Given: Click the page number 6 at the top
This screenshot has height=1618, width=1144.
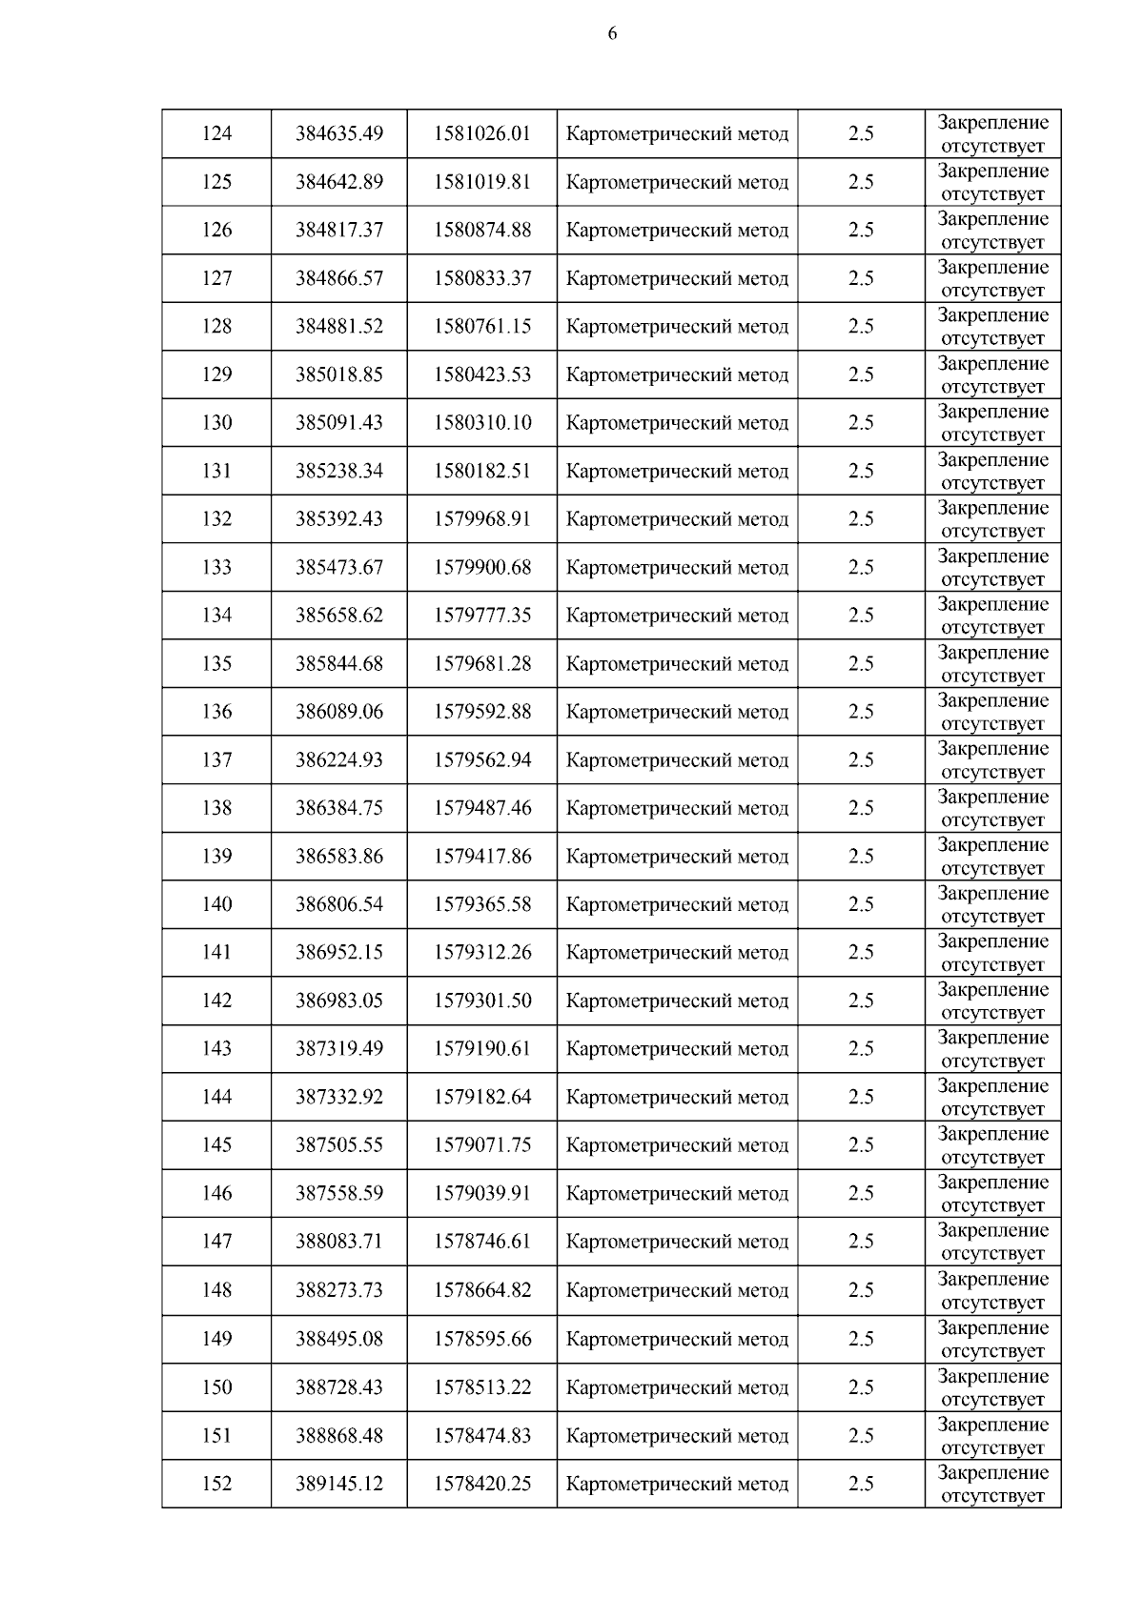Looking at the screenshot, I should pos(612,34).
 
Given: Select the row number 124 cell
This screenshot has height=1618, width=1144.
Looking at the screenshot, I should pos(216,133).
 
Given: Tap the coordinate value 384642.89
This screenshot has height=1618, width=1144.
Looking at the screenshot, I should pos(338,182).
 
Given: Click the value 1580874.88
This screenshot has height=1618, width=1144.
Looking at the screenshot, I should pos(481,230).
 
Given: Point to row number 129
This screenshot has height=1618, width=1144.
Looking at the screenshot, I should pos(216,374).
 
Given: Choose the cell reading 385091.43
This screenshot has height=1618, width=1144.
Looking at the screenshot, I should pos(338,422).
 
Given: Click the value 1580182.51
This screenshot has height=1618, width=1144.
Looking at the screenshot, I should pos(481,471).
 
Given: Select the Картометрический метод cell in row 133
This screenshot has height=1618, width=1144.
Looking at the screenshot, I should pos(677,567).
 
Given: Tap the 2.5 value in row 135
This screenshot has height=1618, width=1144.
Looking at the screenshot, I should pos(861,663).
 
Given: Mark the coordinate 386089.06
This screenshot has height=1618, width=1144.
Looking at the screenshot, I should pos(338,712).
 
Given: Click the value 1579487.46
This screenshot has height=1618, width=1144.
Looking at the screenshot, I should pos(481,808).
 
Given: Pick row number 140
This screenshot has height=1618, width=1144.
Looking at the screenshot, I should pos(216,904).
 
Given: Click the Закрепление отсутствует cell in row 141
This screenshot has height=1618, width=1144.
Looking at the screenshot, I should pos(992,953).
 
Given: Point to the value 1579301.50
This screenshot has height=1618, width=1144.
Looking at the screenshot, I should pos(481,1001).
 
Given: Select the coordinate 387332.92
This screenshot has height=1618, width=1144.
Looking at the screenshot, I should pos(338,1097).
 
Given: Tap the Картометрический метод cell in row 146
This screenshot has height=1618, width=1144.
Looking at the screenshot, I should pos(677,1193).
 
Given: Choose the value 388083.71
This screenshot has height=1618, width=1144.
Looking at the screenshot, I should pos(338,1241).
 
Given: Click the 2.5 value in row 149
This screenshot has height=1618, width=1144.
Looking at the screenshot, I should pos(861,1339).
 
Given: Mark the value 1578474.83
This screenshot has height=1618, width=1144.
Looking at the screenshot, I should pos(481,1435).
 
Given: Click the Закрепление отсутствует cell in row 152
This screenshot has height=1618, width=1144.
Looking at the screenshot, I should pos(992,1484).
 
